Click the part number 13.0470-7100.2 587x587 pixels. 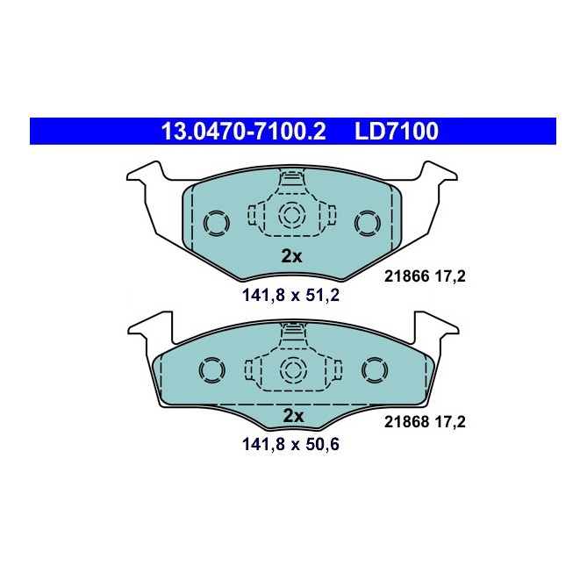243,132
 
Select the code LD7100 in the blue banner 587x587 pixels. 396,132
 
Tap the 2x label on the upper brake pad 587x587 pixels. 291,256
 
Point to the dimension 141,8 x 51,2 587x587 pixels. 291,295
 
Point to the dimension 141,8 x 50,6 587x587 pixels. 291,445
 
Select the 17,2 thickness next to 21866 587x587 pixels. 448,276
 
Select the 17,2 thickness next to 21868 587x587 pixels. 448,421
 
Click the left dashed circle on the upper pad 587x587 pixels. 214,222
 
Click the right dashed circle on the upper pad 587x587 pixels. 368,222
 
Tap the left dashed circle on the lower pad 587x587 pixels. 211,371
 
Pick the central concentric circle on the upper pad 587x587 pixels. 290,215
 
